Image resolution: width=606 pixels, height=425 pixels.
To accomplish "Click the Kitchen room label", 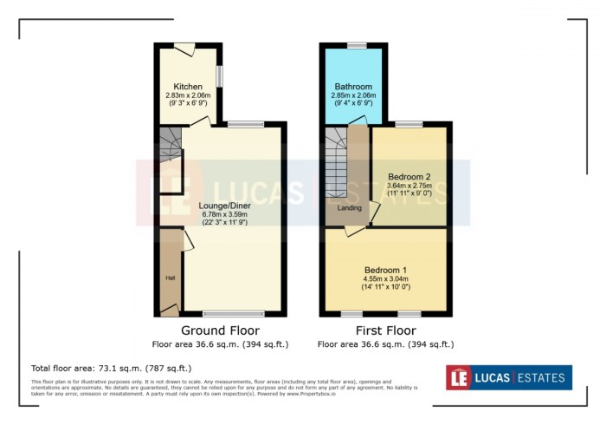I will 188,87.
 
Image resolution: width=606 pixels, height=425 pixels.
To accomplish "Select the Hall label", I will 170,278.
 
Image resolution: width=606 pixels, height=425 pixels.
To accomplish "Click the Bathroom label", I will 353,87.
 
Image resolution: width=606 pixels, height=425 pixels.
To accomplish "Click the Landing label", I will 350,208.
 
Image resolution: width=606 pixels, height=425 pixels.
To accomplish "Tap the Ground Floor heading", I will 220,331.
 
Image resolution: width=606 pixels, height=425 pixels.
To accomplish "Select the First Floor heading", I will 385,331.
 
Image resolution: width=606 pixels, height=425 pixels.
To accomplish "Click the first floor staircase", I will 336,165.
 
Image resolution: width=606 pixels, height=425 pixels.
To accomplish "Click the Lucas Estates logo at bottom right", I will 509,377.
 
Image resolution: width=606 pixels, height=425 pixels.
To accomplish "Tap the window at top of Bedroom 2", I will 410,125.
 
